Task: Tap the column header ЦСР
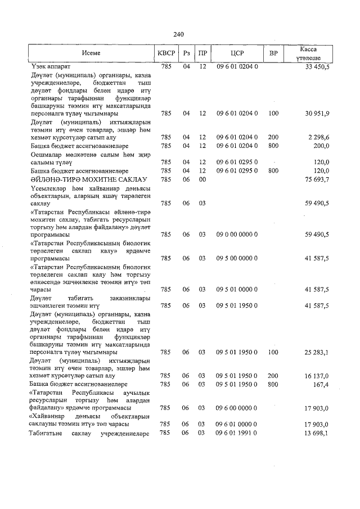coord(237,53)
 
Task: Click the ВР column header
coord(273,53)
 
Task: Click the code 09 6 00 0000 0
coord(237,407)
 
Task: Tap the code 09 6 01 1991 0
coord(237,433)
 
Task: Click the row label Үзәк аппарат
coord(51,67)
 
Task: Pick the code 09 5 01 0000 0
coord(237,290)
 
